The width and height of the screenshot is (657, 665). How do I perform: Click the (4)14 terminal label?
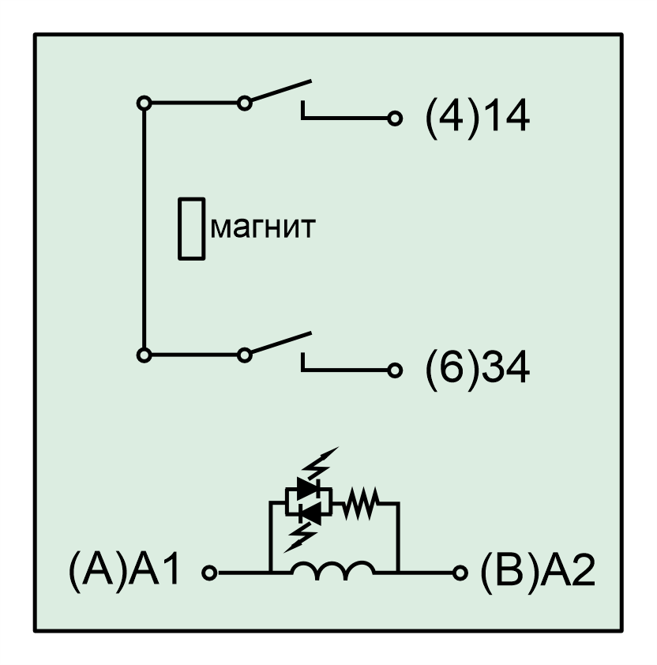point(477,118)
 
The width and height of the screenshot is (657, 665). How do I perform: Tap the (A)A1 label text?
point(124,570)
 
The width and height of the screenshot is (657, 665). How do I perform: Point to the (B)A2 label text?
point(538,570)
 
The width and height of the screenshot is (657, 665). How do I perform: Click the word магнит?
point(263,227)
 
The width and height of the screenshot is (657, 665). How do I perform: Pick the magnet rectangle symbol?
point(192,228)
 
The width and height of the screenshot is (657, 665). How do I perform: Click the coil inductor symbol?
point(333,569)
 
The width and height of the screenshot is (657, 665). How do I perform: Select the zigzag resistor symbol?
point(359,504)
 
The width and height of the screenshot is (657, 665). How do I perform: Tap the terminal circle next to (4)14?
point(395,118)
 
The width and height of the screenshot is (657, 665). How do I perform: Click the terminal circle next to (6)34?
point(395,370)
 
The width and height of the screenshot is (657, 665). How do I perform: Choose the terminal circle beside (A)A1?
point(209,573)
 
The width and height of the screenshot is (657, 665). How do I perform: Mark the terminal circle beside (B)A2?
point(460,573)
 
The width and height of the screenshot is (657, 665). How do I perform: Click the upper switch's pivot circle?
point(244,103)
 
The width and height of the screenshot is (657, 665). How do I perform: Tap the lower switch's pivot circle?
point(244,355)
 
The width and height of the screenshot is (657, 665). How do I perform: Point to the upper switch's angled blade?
point(281,91)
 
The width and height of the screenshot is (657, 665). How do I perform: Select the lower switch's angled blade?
point(281,343)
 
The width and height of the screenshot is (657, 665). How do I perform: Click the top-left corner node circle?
point(145,103)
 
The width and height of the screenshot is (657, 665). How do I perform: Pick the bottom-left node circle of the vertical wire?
point(145,355)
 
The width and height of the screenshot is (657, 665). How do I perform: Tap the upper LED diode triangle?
point(307,489)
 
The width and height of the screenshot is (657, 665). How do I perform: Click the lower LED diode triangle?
point(310,514)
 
